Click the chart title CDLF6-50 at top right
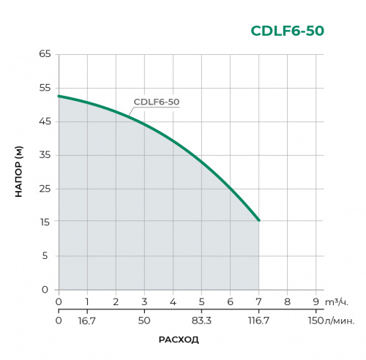pyautogui.click(x=288, y=31)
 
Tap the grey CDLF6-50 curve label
pyautogui.click(x=157, y=102)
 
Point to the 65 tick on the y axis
pyautogui.click(x=44, y=54)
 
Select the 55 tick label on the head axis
pyautogui.click(x=44, y=88)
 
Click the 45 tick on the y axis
pyautogui.click(x=44, y=121)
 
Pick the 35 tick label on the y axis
pyautogui.click(x=44, y=155)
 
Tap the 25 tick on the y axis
pyautogui.click(x=44, y=189)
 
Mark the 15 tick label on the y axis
pyautogui.click(x=44, y=222)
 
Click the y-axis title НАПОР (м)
pyautogui.click(x=20, y=172)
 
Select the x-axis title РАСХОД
pyautogui.click(x=179, y=340)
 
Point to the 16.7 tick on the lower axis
pyautogui.click(x=87, y=320)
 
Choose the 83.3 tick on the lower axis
pyautogui.click(x=201, y=320)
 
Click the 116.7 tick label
pyautogui.click(x=258, y=320)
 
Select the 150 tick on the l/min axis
pyautogui.click(x=315, y=320)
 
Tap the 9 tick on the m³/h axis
pyautogui.click(x=315, y=301)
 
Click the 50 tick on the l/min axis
pyautogui.click(x=144, y=320)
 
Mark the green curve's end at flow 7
pyautogui.click(x=258, y=220)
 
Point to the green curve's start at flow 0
pyautogui.click(x=59, y=96)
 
